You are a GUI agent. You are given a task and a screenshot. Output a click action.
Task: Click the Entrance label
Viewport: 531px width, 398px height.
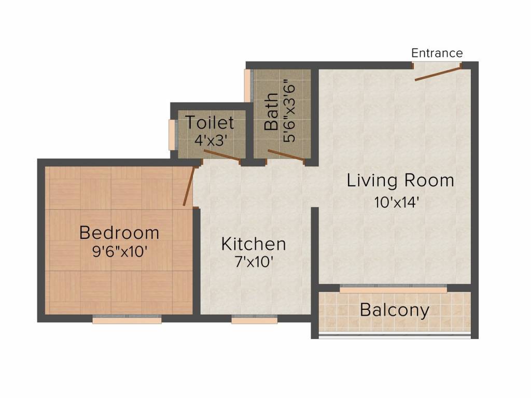click(437, 53)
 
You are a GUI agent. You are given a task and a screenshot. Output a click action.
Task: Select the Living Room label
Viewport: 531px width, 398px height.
click(400, 181)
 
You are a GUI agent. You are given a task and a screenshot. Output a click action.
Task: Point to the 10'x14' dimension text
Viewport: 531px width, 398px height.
click(397, 202)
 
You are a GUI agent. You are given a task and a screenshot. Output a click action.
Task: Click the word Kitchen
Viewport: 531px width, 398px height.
click(253, 244)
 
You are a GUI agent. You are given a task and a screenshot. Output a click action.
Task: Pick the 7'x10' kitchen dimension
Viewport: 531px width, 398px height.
click(254, 262)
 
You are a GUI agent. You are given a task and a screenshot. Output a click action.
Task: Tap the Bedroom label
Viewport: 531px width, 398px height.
click(119, 233)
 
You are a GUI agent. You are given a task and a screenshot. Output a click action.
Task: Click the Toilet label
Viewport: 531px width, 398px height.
click(209, 123)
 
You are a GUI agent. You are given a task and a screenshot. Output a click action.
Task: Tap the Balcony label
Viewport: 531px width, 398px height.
click(395, 310)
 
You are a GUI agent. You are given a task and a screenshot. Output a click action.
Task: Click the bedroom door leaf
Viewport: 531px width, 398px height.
click(189, 187)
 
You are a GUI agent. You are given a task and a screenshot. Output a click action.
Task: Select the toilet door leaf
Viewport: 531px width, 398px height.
click(221, 156)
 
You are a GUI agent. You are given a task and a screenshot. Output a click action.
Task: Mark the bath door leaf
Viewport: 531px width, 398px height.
click(285, 156)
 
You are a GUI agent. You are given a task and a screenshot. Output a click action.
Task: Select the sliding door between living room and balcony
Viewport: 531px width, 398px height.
click(393, 289)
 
